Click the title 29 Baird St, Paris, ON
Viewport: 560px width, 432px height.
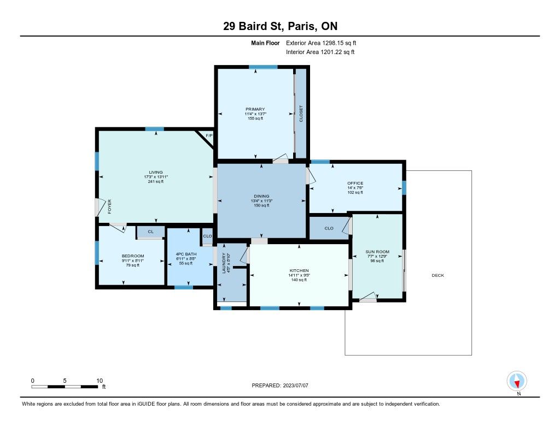[280, 26]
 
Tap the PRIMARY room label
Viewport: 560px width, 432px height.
[255, 109]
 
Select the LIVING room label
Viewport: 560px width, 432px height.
[156, 172]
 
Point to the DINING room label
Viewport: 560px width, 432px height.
[261, 196]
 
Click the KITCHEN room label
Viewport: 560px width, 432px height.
[299, 271]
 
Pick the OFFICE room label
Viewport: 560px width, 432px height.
[355, 184]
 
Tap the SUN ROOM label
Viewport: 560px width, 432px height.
[377, 251]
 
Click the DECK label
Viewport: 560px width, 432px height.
[438, 275]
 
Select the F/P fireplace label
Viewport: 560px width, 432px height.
[209, 135]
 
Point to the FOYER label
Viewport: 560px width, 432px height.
[109, 206]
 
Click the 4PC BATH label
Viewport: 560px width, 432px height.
[186, 254]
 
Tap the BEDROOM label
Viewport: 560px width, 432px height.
[133, 256]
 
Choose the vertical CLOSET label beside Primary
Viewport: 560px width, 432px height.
[301, 114]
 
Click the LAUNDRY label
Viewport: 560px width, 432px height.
[224, 263]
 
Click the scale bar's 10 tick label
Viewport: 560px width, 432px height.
[100, 381]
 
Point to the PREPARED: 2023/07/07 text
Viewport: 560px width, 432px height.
[280, 385]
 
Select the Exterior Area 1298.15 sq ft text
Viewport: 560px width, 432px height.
[321, 43]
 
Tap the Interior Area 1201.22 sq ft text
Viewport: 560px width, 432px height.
[320, 52]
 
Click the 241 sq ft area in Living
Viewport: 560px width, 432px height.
[156, 181]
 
